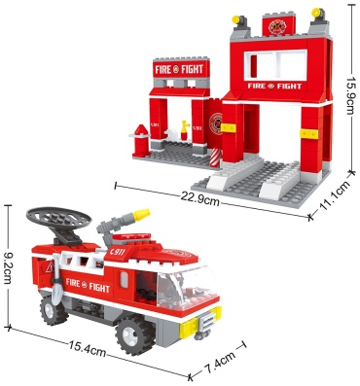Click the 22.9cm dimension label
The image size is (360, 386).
point(199,200)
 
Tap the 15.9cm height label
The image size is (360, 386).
point(351,95)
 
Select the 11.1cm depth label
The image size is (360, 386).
point(335,199)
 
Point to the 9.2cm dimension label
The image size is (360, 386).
point(8,265)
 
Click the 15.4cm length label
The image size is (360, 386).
point(88,348)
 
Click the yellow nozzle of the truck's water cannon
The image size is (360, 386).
point(142,215)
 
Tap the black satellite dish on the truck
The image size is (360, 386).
point(58,218)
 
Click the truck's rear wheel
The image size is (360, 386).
point(52,310)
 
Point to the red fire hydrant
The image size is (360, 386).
point(140,140)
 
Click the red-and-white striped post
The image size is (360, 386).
point(215,158)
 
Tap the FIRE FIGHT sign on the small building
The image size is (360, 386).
point(179,69)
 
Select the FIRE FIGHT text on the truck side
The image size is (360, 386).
point(88,285)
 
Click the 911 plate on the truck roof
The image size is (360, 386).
point(118,252)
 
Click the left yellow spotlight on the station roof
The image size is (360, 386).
point(238,20)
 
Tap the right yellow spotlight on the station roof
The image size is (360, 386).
point(318,14)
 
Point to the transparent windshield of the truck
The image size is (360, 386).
point(187,287)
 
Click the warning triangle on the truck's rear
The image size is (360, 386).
point(50,267)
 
